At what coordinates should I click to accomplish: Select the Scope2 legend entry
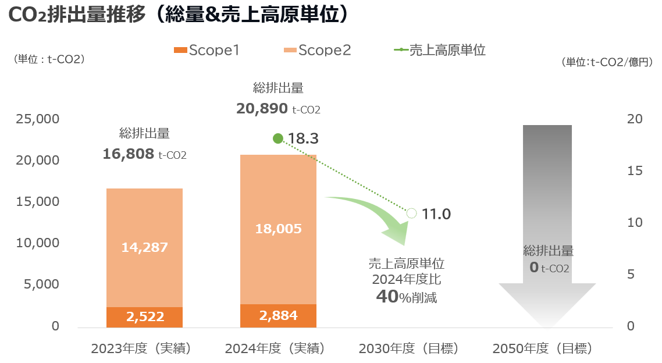pyautogui.click(x=318, y=50)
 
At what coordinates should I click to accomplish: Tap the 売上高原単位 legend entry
pyautogui.click(x=440, y=50)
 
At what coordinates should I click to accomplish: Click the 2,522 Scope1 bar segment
pyautogui.click(x=144, y=316)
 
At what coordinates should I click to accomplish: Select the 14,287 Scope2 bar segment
pyautogui.click(x=144, y=247)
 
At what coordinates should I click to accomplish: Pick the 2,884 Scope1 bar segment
pyautogui.click(x=278, y=315)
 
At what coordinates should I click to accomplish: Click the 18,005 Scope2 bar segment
pyautogui.click(x=278, y=229)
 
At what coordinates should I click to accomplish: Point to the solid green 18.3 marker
pyautogui.click(x=278, y=138)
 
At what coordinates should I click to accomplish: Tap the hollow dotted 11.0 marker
pyautogui.click(x=411, y=213)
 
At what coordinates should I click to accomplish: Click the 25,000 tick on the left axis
pyautogui.click(x=37, y=119)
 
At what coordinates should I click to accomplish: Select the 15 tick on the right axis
pyautogui.click(x=635, y=171)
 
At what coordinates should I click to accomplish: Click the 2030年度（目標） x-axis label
pyautogui.click(x=408, y=349)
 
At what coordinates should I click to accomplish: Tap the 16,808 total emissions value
pyautogui.click(x=127, y=155)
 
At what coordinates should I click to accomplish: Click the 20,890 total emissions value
pyautogui.click(x=262, y=108)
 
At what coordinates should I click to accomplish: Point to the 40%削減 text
pyautogui.click(x=406, y=297)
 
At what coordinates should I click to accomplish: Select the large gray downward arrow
pyautogui.click(x=547, y=233)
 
